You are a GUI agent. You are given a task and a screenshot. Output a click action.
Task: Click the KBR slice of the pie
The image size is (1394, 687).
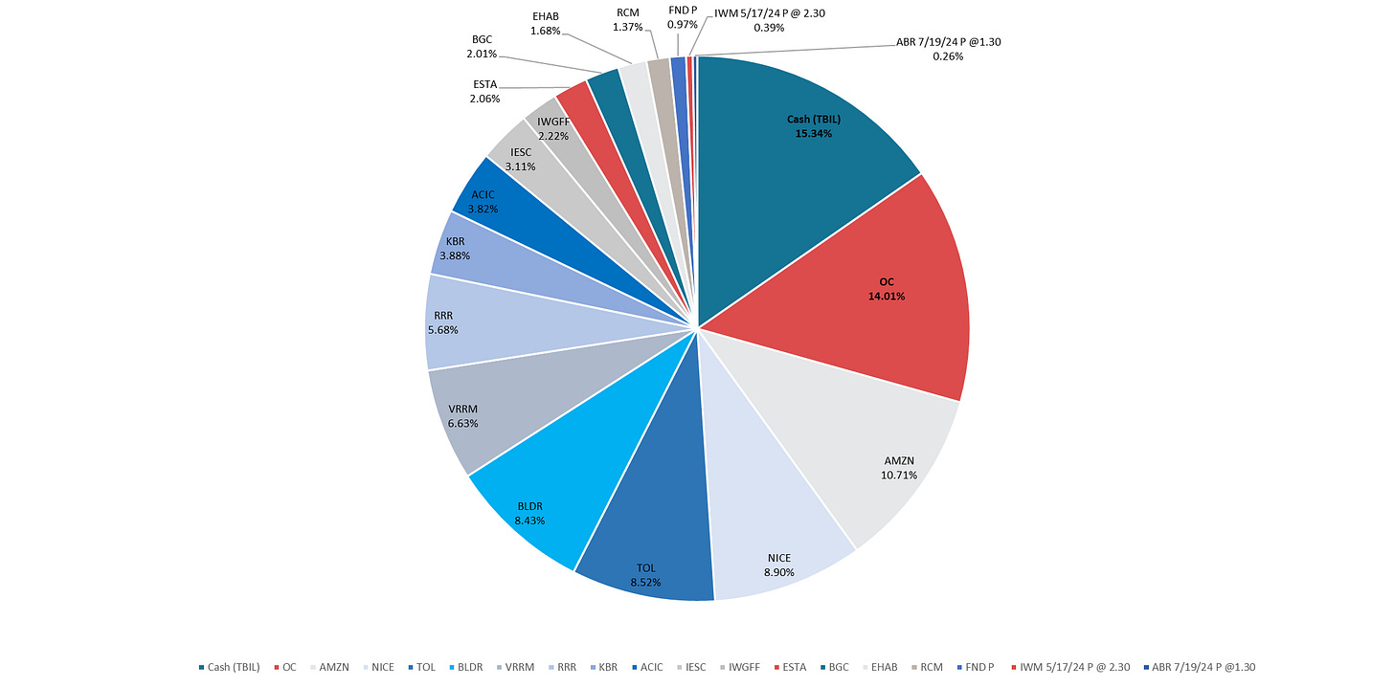coord(456,250)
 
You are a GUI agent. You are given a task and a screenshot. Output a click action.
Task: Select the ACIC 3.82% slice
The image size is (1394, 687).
coord(483,201)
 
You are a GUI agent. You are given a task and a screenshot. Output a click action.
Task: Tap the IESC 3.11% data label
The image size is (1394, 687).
coord(521,159)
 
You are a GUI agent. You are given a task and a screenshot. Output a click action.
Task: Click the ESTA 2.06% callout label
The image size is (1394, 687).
coord(485,91)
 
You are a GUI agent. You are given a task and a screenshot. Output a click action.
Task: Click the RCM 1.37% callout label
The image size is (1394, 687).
coord(628,17)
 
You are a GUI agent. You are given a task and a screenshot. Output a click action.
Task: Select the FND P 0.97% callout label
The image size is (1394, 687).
coord(683,16)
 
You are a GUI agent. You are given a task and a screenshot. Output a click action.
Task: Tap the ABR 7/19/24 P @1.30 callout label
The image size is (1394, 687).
coord(948,49)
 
